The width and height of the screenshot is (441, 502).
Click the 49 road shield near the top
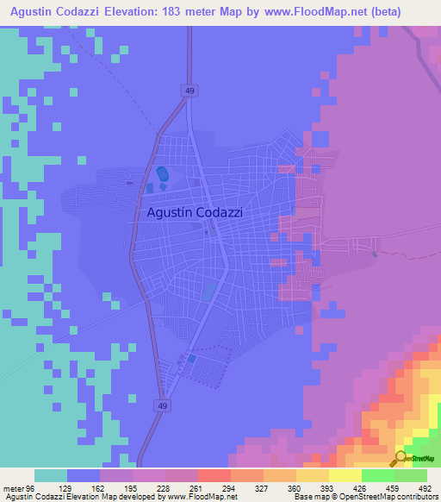coord(187,89)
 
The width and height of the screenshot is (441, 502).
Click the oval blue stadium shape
coord(161,174)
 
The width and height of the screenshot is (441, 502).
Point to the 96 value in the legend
coord(30,487)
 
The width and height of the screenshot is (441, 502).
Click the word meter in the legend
coord(12,487)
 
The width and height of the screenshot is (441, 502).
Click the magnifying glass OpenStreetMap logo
coord(401,458)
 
